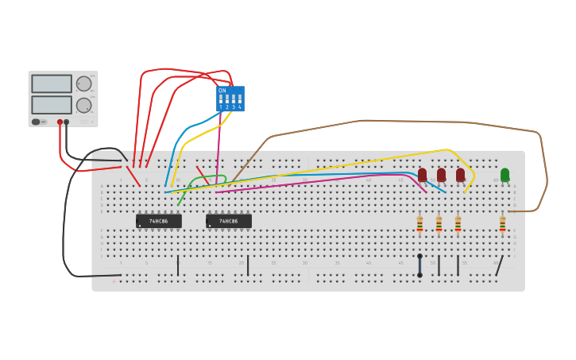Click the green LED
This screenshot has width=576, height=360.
tap(504, 174)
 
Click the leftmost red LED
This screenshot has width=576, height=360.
tap(422, 174)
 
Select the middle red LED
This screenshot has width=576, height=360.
tap(441, 174)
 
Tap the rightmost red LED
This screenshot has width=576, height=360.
tap(460, 174)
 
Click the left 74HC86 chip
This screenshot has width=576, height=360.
tap(159, 221)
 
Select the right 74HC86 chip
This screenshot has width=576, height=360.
tap(229, 221)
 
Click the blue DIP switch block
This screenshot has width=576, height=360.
tap(230, 99)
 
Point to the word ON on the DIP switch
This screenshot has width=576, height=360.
tap(222, 91)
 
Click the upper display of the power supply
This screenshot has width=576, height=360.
tap(52, 83)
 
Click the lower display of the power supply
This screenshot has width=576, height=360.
tap(52, 104)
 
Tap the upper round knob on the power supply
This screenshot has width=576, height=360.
tap(83, 83)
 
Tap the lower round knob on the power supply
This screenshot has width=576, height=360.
tap(83, 105)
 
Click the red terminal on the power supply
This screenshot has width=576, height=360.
tap(60, 122)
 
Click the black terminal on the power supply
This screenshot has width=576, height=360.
tap(67, 122)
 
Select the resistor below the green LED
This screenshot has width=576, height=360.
tap(502, 224)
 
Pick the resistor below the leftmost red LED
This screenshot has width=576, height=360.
tap(419, 224)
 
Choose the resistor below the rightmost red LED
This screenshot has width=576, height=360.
tap(458, 224)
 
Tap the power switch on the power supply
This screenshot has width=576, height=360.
tap(36, 122)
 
